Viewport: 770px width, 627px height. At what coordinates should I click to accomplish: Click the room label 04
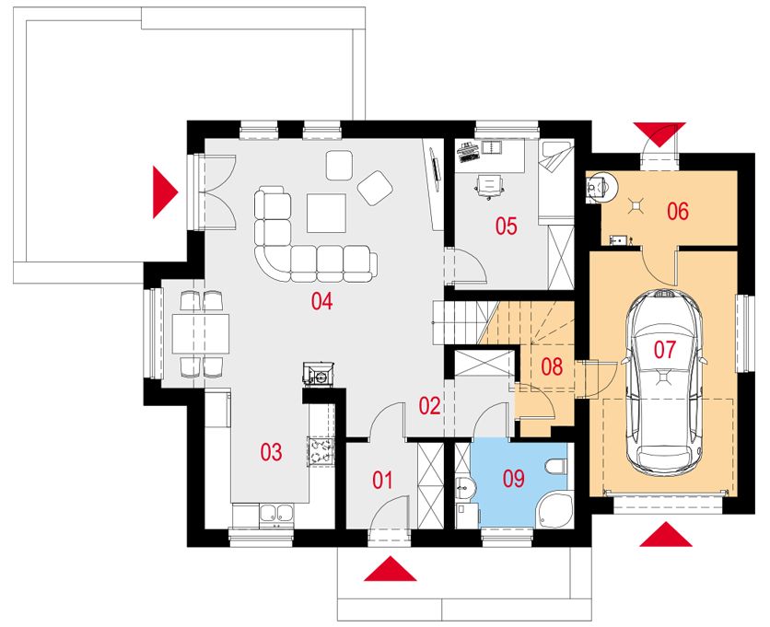click(321, 301)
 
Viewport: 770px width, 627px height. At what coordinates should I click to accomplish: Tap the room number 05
click(506, 226)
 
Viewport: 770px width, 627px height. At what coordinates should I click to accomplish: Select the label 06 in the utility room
click(678, 211)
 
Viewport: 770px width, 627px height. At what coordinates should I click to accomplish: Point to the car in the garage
click(663, 383)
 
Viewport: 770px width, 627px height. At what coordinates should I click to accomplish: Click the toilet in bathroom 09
click(555, 466)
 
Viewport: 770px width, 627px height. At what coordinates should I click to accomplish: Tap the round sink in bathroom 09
click(463, 488)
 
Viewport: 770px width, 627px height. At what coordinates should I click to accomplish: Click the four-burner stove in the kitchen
click(321, 451)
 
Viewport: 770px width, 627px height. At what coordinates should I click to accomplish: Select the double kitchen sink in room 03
click(276, 514)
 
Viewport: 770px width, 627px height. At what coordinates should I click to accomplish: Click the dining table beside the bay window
click(201, 334)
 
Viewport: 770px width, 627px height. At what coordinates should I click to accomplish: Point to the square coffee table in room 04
click(327, 213)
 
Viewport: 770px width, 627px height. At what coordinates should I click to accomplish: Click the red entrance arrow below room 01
click(391, 568)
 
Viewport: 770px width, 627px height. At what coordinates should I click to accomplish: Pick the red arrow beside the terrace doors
click(165, 192)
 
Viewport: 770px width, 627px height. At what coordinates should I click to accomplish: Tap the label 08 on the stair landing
click(552, 366)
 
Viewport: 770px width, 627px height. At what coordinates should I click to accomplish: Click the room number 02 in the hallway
click(429, 406)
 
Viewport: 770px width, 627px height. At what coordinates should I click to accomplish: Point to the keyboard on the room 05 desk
click(467, 152)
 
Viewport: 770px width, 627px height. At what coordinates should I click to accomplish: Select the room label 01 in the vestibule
click(382, 481)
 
